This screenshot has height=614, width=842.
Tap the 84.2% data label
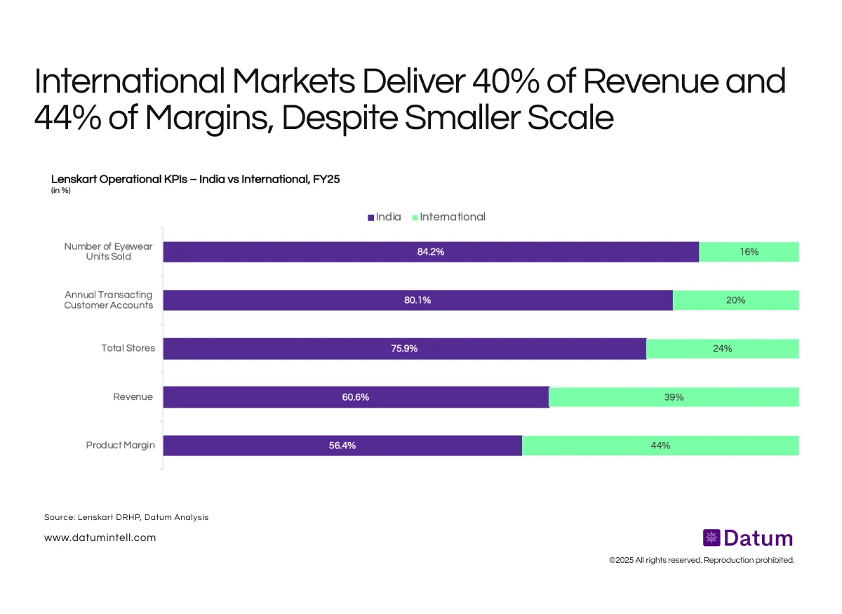coord(431,252)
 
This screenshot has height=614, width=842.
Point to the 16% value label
coord(749,252)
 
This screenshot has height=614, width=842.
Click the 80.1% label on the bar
coord(417,300)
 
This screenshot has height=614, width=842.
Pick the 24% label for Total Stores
coord(722,349)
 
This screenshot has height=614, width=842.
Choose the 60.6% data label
coord(356,397)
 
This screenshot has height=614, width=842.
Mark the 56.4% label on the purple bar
coord(342,446)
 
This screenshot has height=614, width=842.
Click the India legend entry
coord(385,217)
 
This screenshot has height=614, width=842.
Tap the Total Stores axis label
coord(128,349)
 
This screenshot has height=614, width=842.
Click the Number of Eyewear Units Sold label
coord(107,251)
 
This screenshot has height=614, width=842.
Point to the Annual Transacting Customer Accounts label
coord(109,300)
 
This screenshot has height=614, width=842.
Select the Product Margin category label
coord(120,446)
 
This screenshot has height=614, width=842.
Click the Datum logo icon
coord(711,538)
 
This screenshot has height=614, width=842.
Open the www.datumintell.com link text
coord(100,538)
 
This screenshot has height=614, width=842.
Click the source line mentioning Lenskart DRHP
coord(126,517)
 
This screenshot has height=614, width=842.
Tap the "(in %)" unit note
coord(61,190)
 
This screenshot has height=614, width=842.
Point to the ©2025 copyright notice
coord(701,561)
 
